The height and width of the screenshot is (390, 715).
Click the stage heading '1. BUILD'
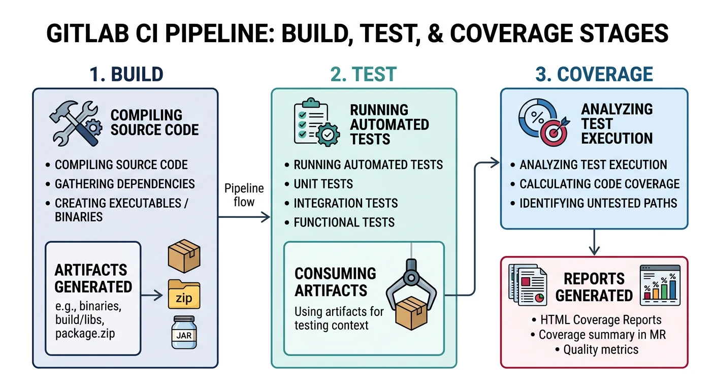126,74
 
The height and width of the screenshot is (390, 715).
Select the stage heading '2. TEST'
363,74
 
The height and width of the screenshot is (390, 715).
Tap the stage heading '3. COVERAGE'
594,74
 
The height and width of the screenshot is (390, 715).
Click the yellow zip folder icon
183,294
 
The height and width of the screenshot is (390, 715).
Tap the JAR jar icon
183,332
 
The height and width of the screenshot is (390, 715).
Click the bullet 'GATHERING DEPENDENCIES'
124,184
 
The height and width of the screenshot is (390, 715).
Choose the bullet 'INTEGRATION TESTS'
345,203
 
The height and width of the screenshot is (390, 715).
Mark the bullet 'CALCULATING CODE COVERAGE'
599,184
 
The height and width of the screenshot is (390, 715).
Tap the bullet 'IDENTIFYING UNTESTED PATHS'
598,203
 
